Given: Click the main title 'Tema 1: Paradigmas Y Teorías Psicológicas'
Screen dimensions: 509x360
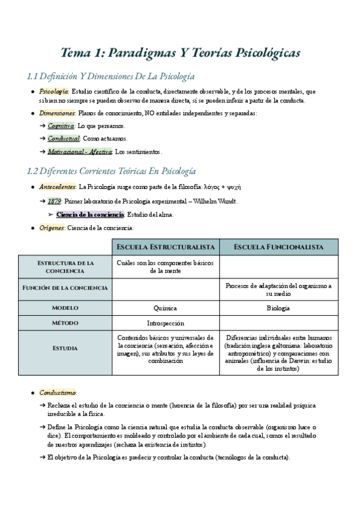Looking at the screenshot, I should click(x=180, y=53).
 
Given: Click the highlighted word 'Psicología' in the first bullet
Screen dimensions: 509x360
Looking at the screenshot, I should click(x=53, y=91).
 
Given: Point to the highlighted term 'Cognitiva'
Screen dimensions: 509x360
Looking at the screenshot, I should click(x=61, y=126).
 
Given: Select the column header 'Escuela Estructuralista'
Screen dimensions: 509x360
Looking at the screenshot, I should click(x=166, y=247).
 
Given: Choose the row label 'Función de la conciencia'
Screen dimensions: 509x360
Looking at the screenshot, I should click(x=65, y=288).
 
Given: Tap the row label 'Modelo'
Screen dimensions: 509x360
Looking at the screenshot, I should click(x=65, y=308).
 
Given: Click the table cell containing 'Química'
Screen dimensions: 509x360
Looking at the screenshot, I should click(x=165, y=308).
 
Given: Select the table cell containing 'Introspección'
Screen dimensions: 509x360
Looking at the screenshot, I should click(x=165, y=323).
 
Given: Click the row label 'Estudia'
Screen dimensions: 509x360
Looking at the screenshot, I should click(x=65, y=348).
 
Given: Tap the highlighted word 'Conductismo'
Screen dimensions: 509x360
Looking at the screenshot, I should click(x=55, y=393).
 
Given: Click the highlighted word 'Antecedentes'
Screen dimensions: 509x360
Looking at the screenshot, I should click(x=57, y=187).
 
